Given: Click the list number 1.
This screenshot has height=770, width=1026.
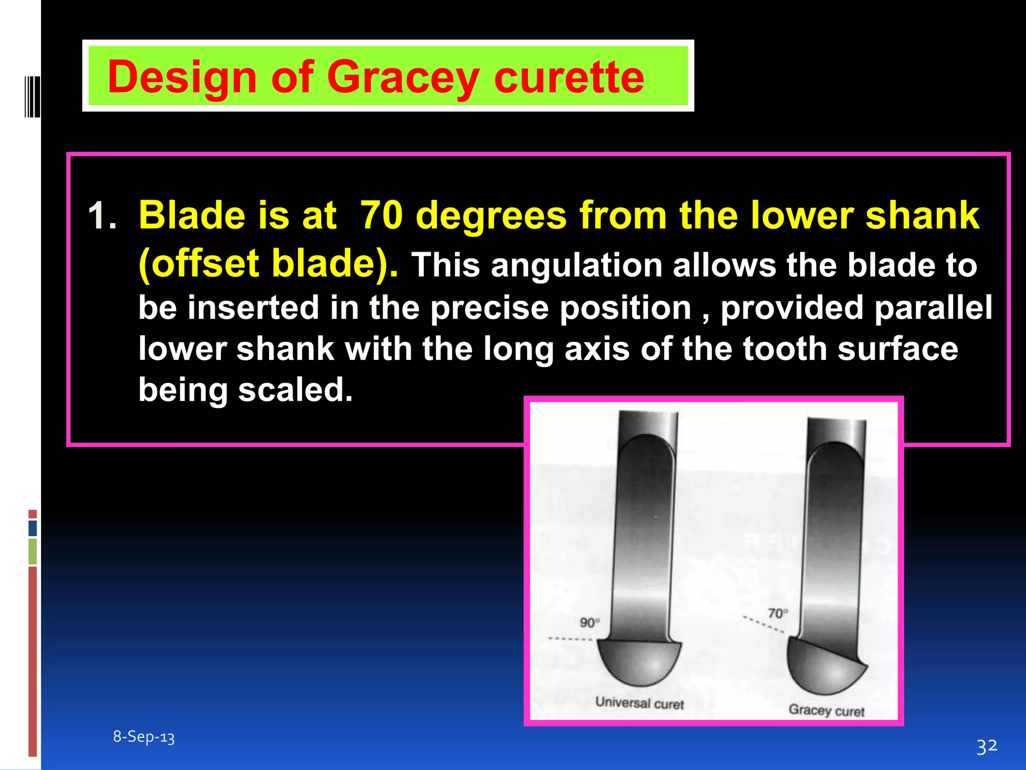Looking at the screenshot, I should point(102,216).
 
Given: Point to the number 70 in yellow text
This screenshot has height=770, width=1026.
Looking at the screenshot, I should point(381,216).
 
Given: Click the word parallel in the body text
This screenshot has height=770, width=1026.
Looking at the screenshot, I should point(933,307).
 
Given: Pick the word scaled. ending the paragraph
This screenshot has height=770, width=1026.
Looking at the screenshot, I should point(296,390).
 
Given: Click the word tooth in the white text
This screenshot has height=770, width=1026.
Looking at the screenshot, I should point(785,348).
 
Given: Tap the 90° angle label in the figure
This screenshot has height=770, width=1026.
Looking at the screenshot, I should point(590,623).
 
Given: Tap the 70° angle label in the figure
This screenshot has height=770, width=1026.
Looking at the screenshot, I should point(778,613).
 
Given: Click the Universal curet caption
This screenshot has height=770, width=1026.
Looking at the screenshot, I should point(639,703).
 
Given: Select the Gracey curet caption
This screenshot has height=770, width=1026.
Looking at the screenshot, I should point(826,710).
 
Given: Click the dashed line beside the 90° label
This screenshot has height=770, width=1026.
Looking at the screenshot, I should point(570,639).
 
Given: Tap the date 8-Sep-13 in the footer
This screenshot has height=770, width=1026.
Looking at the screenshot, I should point(144,737).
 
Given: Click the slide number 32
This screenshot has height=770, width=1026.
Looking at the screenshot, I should point(987,746).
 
